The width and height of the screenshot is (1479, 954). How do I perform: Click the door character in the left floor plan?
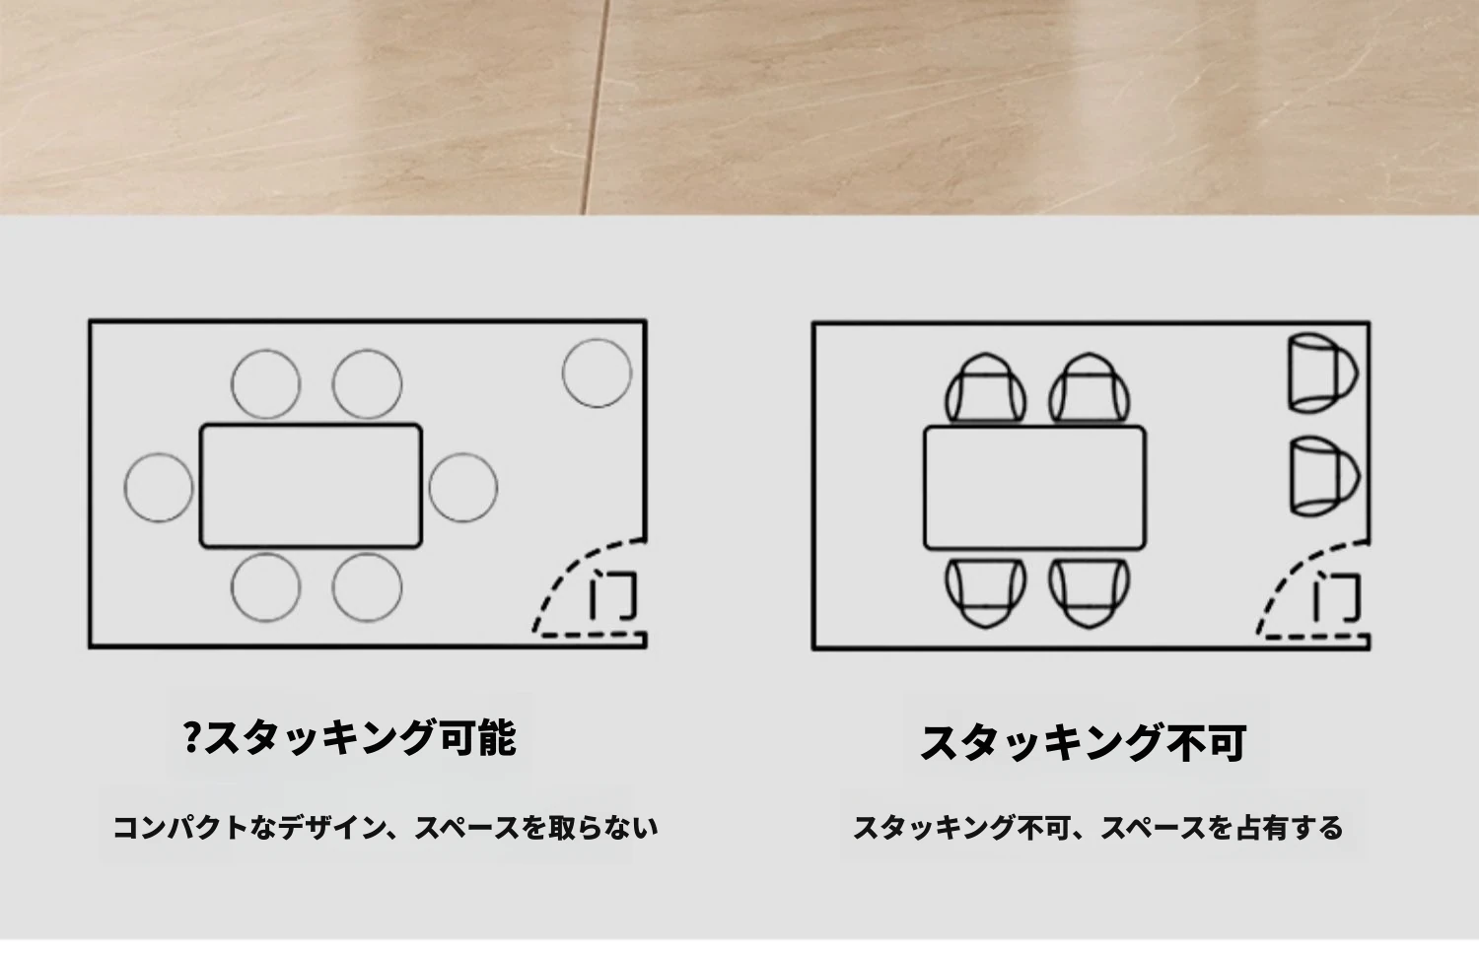(x=612, y=596)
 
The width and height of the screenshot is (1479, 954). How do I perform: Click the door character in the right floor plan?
(x=1336, y=598)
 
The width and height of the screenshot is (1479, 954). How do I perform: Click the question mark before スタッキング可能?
(x=191, y=738)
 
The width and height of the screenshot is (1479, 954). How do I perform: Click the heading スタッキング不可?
(x=1083, y=743)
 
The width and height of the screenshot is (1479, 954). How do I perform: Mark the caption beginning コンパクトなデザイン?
(x=385, y=827)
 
